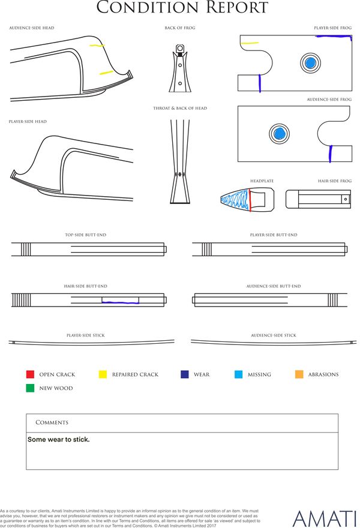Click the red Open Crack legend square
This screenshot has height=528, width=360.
pyautogui.click(x=30, y=374)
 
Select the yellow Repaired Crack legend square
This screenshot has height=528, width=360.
pyautogui.click(x=103, y=374)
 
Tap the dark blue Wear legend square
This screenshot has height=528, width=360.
pyautogui.click(x=184, y=374)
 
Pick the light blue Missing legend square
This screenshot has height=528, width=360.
pyautogui.click(x=238, y=374)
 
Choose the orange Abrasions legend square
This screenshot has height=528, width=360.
pyautogui.click(x=299, y=374)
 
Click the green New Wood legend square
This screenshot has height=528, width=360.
pyautogui.click(x=30, y=388)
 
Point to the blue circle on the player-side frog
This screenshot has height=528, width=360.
pyautogui.click(x=310, y=62)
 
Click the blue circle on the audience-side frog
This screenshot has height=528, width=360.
pyautogui.click(x=278, y=134)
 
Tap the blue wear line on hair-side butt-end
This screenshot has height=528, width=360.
pyautogui.click(x=121, y=303)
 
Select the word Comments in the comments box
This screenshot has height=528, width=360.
pyautogui.click(x=52, y=422)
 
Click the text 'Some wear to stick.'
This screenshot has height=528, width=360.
pyautogui.click(x=59, y=440)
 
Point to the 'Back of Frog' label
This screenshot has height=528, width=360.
pyautogui.click(x=180, y=28)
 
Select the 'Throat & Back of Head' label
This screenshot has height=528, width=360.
pyautogui.click(x=180, y=109)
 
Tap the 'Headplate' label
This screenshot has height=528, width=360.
pyautogui.click(x=262, y=181)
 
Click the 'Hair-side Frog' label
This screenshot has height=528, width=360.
pyautogui.click(x=335, y=181)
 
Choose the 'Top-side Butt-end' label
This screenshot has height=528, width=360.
pyautogui.click(x=86, y=235)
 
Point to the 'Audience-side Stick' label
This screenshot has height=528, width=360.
pyautogui.click(x=274, y=335)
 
